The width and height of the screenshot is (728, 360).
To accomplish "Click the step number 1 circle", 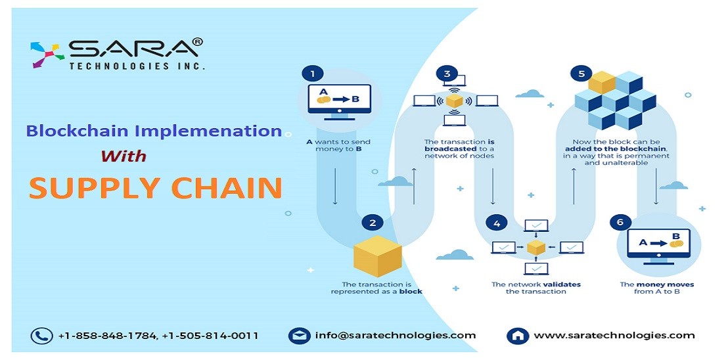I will click(312, 74).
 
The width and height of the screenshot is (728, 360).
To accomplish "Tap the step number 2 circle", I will click(373, 223).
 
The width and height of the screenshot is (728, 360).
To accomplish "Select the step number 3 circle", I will click(447, 74).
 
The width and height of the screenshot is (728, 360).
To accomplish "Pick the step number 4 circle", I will click(497, 223).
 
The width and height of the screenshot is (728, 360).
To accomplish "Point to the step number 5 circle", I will click(581, 74).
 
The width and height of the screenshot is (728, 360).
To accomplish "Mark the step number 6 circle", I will click(620, 222).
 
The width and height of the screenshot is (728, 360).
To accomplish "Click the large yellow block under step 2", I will click(377, 257).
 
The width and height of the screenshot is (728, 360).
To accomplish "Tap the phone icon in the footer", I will click(41, 336).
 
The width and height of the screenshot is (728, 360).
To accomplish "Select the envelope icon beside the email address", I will click(299, 336).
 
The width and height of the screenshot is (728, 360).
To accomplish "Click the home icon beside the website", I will click(518, 336).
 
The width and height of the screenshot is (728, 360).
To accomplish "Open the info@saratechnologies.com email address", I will click(396, 335).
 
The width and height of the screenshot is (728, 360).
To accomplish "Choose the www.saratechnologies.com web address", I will click(614, 335).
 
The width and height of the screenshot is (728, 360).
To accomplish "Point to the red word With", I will click(124, 156).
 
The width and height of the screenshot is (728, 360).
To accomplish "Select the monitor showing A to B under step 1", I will click(339, 101).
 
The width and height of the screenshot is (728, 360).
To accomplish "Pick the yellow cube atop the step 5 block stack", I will click(602, 82).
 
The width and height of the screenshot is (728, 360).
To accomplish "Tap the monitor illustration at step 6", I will click(658, 246).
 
